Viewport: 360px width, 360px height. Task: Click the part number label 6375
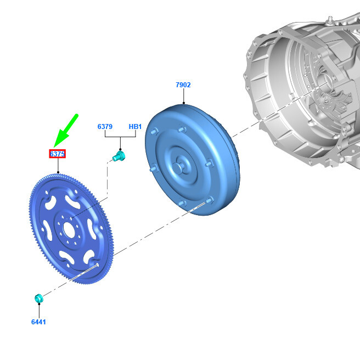58,154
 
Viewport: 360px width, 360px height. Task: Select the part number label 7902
183,85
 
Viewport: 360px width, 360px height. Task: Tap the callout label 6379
105,127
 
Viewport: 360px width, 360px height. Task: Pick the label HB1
135,127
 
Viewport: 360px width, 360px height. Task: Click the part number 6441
38,322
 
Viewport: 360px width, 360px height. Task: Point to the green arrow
66,131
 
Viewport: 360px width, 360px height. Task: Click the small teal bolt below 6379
119,156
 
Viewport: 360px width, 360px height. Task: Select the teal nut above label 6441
39,298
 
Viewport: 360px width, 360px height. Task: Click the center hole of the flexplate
69,230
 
